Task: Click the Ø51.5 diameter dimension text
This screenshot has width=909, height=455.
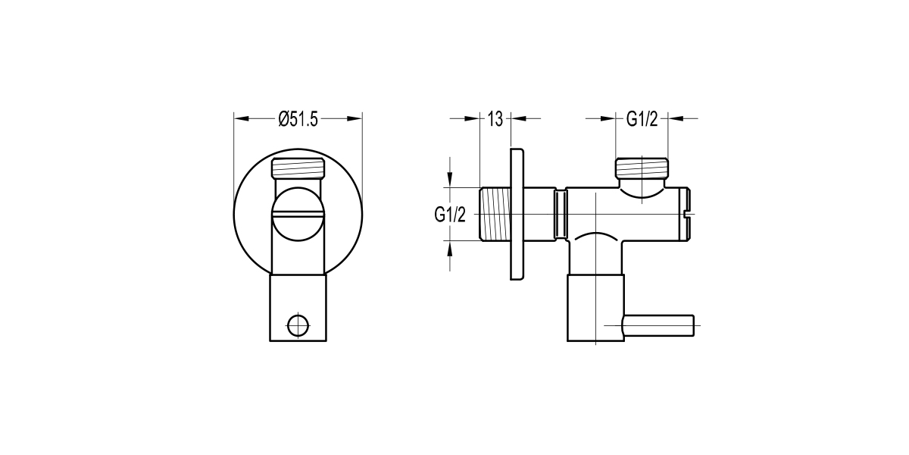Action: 298,119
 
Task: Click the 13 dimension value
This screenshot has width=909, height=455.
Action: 495,119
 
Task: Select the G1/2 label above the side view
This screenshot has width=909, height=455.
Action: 641,119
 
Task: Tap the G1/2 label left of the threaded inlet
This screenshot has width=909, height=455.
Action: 449,215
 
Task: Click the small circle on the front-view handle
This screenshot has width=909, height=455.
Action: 298,325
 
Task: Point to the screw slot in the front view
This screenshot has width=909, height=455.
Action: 298,215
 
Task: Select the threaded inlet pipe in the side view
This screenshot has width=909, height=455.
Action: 495,215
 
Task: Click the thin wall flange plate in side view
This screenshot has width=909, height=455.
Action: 517,215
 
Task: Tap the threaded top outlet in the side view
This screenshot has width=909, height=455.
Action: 642,167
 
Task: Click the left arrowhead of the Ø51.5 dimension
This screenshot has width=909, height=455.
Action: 242,118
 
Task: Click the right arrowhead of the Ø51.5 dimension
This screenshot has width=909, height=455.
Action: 355,118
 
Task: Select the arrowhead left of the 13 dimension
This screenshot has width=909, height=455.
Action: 473,118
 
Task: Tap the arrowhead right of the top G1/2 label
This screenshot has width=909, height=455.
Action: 676,118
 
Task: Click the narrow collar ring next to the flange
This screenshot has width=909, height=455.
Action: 561,215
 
